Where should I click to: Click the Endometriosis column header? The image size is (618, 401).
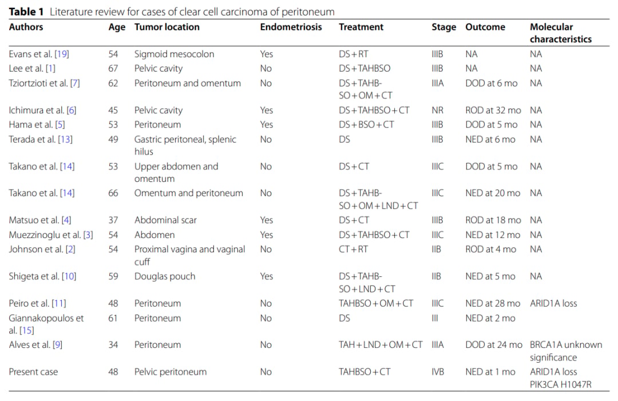click(291, 27)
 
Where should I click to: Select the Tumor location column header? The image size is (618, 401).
click(167, 27)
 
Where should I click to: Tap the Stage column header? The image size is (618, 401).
click(444, 27)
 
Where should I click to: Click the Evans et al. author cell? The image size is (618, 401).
click(39, 54)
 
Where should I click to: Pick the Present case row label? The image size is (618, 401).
click(34, 372)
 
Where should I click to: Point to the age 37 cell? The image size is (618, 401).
click(113, 220)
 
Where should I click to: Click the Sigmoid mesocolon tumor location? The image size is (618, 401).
click(174, 54)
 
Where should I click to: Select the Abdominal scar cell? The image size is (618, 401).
click(165, 220)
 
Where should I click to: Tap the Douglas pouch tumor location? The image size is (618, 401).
click(165, 276)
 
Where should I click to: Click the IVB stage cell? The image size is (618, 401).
click(438, 372)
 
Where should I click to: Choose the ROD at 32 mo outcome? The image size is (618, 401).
click(493, 110)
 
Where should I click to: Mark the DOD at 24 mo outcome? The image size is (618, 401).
click(494, 345)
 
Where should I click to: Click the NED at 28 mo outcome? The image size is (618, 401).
click(493, 303)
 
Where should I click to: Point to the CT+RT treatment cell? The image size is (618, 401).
click(353, 249)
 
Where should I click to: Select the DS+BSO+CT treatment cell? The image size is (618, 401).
click(366, 125)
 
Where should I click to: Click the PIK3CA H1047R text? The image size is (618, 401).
click(560, 384)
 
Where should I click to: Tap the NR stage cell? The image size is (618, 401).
click(438, 110)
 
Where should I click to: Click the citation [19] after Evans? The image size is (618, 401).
click(62, 54)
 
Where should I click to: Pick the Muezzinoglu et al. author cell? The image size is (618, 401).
click(51, 235)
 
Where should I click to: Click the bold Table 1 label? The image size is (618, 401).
click(26, 12)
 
